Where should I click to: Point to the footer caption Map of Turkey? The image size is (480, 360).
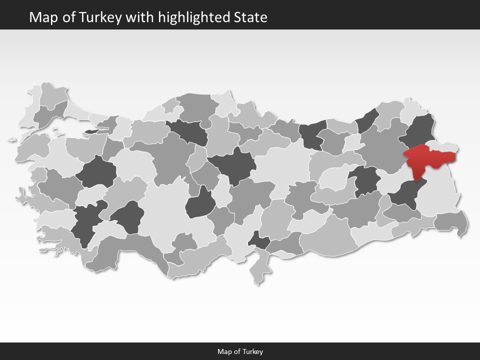pyautogui.click(x=240, y=351)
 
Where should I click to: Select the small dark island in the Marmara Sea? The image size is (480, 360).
pyautogui.click(x=93, y=131)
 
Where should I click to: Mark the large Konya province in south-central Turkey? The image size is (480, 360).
pyautogui.click(x=165, y=210)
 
